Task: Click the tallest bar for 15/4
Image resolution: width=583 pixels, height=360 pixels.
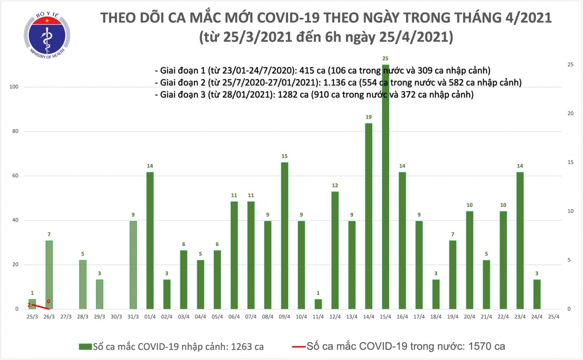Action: [385, 194]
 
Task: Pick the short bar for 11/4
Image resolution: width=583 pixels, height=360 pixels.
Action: [318, 304]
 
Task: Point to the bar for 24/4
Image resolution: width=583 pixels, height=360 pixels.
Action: [537, 294]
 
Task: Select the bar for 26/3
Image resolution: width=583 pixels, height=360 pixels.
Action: [49, 274]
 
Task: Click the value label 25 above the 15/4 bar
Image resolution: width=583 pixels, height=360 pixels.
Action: [385, 59]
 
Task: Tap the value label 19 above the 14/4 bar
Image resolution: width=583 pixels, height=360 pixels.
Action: [368, 118]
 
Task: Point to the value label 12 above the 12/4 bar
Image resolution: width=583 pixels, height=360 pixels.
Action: [335, 186]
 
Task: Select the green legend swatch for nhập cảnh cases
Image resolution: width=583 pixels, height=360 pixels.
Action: [86, 346]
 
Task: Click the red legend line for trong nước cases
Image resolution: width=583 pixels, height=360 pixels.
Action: [298, 346]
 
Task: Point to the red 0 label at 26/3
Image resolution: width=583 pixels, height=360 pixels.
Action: [49, 302]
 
